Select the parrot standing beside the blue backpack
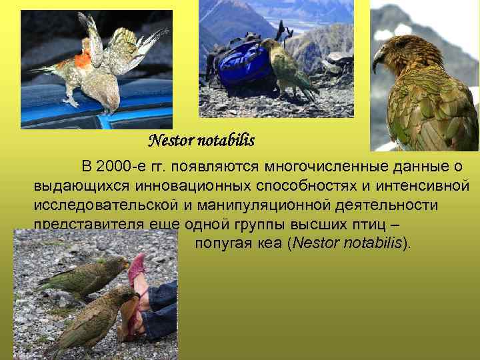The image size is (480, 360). click(288, 67)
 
